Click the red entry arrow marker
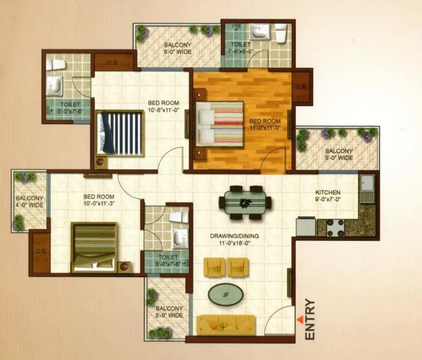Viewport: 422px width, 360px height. pos(300,319)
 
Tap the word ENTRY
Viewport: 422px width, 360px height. pos(310,319)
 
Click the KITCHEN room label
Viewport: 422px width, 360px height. pos(328,192)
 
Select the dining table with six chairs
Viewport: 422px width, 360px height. pos(245,203)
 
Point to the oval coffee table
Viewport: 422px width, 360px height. pos(225,294)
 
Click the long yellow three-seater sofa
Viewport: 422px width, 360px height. pos(226,325)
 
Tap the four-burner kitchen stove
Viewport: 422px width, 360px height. pos(335,228)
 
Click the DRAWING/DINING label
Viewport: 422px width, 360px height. pos(234,236)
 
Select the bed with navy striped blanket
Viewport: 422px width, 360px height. pos(120,133)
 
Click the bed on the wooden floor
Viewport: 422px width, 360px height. pos(219,124)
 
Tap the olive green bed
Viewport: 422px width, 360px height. pos(94,247)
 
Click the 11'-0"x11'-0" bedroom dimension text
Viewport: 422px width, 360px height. pos(265,128)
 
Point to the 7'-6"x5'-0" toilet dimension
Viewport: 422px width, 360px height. pos(242,52)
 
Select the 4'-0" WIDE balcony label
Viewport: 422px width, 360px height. pos(29,205)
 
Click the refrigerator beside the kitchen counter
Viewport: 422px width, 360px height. pos(306,227)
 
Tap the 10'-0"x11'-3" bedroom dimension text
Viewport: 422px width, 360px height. pos(99,203)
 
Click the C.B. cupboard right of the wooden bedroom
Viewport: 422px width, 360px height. pos(301,87)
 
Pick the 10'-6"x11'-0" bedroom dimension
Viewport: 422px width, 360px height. pos(164,110)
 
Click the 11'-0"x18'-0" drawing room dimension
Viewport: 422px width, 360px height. pos(234,243)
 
